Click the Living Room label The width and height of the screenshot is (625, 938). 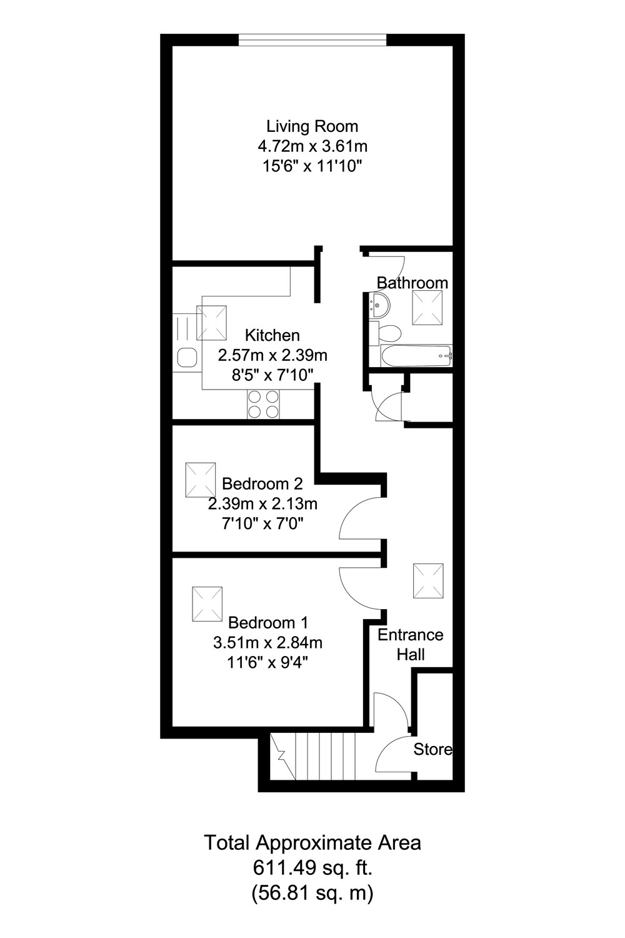pos(312,126)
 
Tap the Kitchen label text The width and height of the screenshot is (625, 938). pos(272,335)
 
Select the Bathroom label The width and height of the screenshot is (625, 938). pos(412,283)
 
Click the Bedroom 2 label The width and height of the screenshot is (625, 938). pos(262,483)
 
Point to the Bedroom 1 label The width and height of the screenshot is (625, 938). pos(268,622)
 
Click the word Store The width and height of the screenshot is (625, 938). pos(432,749)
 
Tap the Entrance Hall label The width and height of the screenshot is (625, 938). pos(411,644)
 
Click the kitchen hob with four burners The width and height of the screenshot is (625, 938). pos(263,403)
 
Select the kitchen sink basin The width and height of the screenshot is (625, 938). pos(187,358)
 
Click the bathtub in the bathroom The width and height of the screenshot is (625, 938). pos(416,356)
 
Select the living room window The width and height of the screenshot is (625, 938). pos(312,42)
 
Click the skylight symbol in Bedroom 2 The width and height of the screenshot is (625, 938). pos(200,480)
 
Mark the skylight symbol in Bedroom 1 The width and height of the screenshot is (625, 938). pos(207,604)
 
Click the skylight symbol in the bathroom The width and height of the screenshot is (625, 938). pos(427,308)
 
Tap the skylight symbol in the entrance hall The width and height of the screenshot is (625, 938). pos(428,580)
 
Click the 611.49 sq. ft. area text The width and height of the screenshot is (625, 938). pos(312,867)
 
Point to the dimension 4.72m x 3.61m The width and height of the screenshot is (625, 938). pos(312,146)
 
